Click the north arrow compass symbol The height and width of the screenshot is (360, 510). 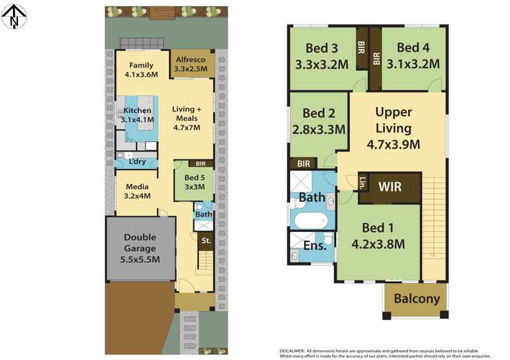click(14, 17)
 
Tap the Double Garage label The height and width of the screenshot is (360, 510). click(140, 248)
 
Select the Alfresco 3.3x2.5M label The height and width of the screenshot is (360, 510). click(191, 64)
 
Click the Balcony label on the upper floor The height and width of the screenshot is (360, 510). click(417, 299)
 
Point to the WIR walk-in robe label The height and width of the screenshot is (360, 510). click(390, 187)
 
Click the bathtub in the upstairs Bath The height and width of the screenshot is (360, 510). click(311, 221)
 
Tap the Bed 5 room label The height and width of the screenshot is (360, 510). click(194, 182)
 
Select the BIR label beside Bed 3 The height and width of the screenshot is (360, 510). click(361, 47)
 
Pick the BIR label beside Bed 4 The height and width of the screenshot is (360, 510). click(376, 59)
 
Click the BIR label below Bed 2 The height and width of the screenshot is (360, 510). click(303, 164)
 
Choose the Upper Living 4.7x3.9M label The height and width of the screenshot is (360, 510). click(393, 128)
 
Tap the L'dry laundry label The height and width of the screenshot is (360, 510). click(137, 162)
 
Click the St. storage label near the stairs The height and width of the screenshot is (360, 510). click(206, 241)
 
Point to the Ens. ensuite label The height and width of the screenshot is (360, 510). click(314, 245)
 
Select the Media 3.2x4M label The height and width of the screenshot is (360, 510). click(137, 191)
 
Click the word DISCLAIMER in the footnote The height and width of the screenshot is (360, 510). click(292, 351)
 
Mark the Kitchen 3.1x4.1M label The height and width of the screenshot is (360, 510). click(137, 115)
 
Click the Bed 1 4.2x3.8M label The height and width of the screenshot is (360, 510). click(378, 236)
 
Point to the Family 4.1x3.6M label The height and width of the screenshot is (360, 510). click(141, 70)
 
